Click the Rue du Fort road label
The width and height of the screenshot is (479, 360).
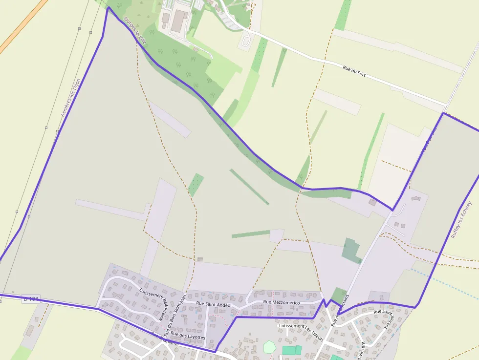[x=354, y=71]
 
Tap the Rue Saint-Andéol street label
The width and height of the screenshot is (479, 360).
[x=214, y=304]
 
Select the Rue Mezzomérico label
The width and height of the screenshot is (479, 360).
[x=281, y=302]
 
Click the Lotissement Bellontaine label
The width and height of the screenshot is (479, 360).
[x=153, y=303]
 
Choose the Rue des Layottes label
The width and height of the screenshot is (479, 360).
[x=188, y=337]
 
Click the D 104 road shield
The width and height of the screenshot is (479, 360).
[x=31, y=298]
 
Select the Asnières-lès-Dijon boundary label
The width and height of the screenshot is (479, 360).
[x=70, y=98]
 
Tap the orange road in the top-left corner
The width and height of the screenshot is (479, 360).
[x=22, y=27]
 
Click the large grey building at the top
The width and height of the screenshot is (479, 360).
[x=178, y=21]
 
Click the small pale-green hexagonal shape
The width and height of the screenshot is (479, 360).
[x=269, y=347]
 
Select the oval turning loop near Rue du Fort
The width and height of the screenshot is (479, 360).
[x=246, y=40]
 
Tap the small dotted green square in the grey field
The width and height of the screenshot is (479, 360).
[x=196, y=185]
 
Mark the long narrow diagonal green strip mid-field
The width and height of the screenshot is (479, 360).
[x=249, y=187]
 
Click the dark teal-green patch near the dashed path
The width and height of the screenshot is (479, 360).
[x=350, y=250]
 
